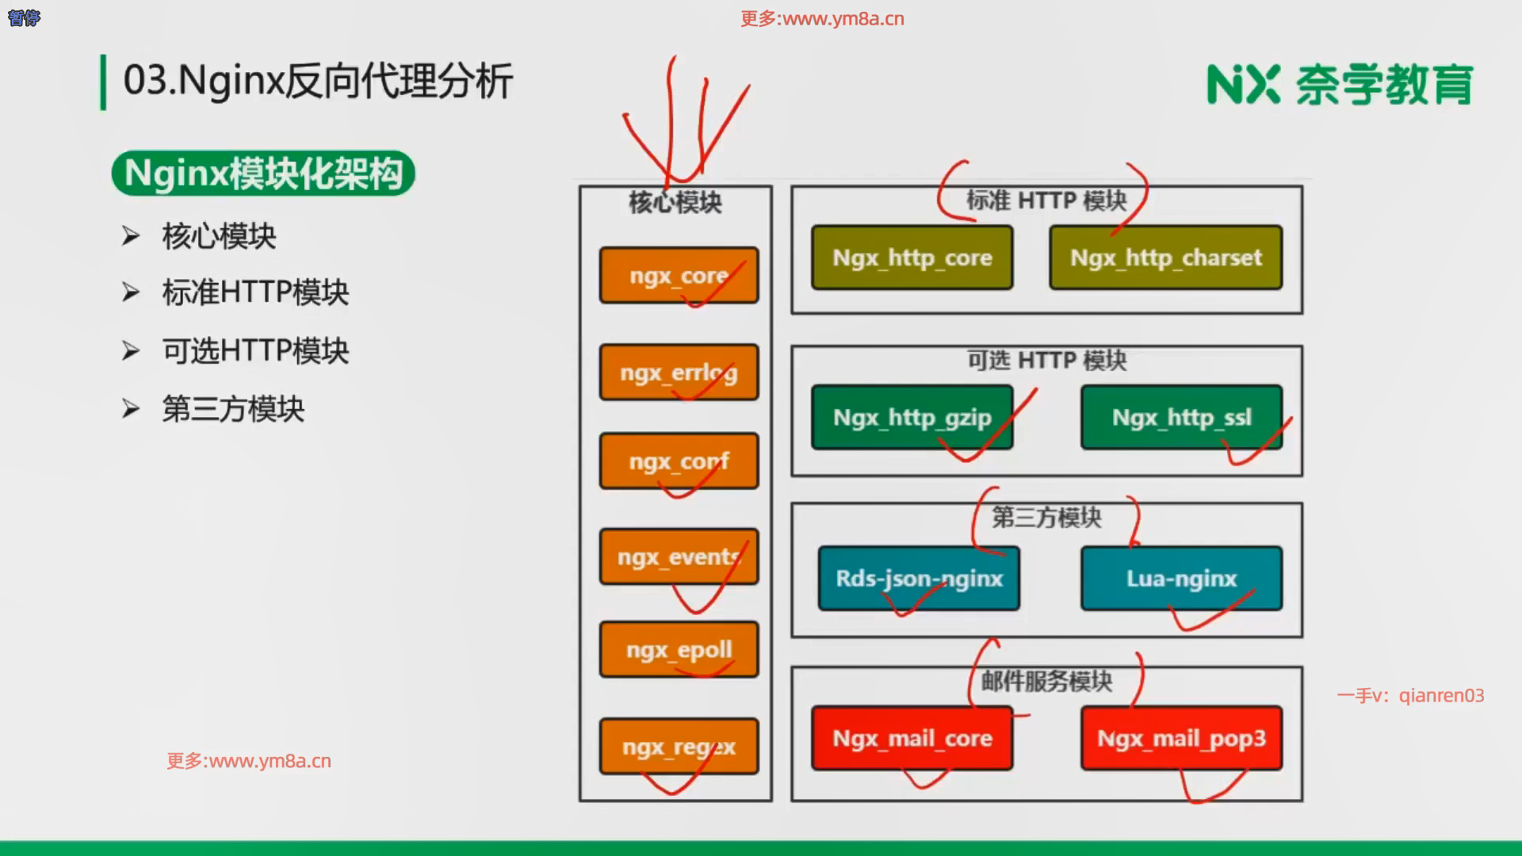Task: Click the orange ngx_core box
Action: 679,275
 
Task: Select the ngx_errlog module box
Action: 679,373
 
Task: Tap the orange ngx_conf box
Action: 679,460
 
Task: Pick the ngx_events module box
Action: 679,557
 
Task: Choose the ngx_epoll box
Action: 679,650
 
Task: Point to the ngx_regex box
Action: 679,747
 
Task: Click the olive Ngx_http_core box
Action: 912,258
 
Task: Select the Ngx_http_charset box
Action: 1165,258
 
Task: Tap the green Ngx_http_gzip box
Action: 912,418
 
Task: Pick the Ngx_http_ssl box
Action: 1181,418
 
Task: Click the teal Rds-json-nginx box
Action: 919,579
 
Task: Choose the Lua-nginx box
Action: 1181,579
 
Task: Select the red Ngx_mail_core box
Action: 912,739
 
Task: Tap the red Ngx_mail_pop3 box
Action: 1181,739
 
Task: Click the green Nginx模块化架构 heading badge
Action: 263,174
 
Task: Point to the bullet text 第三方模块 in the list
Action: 233,409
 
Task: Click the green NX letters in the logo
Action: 1242,85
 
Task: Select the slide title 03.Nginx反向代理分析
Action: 318,81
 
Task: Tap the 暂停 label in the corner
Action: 24,17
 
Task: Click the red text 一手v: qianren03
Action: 1410,696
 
